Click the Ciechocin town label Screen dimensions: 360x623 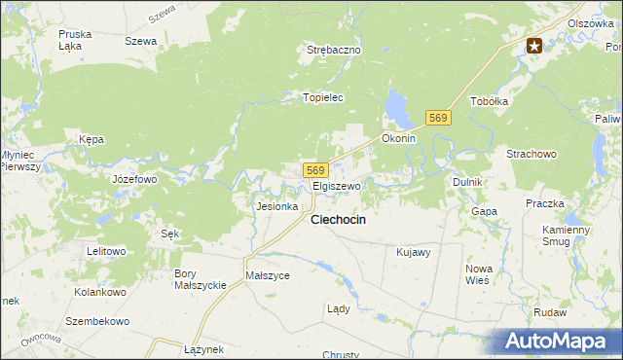pos(338,220)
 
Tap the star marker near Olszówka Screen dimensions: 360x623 pos(535,45)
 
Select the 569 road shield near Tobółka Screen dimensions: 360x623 pos(438,118)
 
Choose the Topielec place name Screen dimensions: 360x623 pos(323,97)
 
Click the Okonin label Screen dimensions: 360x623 pos(398,138)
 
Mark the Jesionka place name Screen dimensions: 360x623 pos(275,206)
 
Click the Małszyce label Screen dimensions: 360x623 pos(268,275)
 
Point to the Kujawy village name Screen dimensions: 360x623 pos(414,252)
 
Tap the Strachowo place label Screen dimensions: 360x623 pos(531,154)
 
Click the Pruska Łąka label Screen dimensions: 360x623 pos(75,39)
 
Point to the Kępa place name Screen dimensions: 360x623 pos(92,139)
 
